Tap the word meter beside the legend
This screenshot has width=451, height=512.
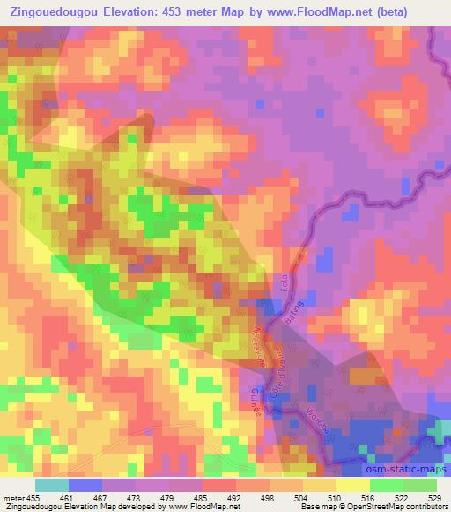(13, 497)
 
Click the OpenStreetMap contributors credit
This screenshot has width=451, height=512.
(400, 508)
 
